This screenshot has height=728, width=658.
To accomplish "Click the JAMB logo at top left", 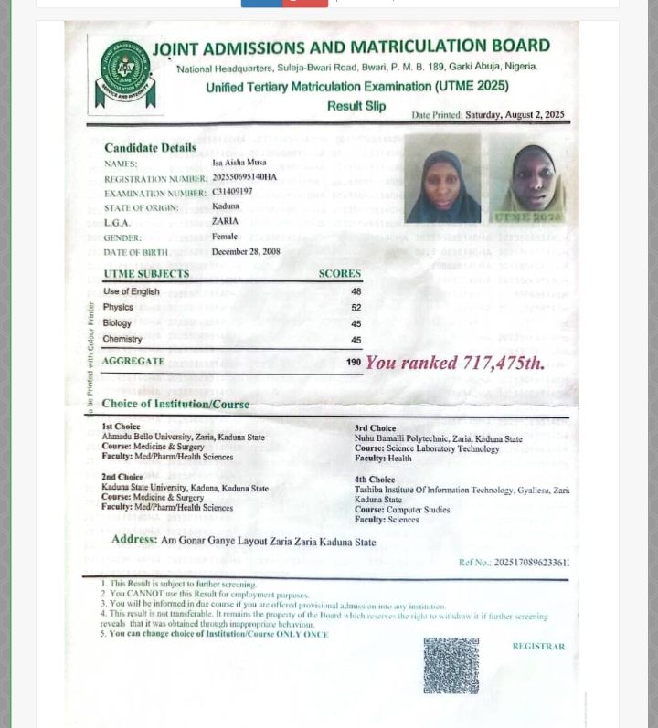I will coord(125,74).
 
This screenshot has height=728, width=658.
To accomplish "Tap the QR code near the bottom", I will coord(451,665).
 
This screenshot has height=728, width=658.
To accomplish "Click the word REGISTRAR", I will coord(538,647).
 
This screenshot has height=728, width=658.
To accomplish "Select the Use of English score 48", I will coord(356,292).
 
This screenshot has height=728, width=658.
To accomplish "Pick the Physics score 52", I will coord(356,308).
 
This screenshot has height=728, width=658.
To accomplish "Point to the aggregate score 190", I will coord(354,363).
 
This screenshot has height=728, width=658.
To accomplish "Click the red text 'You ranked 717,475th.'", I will coord(455,364).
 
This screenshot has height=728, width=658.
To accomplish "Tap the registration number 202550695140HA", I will coord(244,177).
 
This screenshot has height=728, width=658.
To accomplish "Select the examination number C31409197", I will coord(232,192).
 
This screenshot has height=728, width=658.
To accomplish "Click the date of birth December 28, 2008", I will coord(246,252).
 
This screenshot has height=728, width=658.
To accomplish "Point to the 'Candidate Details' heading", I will coord(150,148).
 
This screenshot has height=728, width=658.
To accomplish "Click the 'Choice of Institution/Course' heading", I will coord(175,404).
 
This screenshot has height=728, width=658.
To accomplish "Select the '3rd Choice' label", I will coord(375,428).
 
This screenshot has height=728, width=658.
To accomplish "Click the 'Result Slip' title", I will coord(356,106).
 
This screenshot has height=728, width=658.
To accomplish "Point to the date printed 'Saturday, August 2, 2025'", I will coord(515,116).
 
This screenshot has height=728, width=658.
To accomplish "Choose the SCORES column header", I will coord(339,274).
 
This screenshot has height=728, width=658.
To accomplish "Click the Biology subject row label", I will coord(118,323).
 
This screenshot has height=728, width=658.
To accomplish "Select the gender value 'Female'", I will coord(225,237).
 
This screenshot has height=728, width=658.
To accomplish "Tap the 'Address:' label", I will coord(134,540).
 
